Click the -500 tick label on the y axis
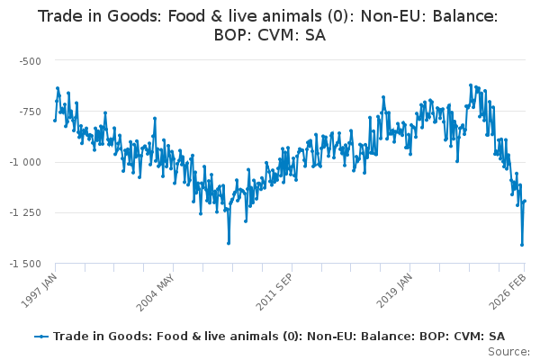(x=30, y=60)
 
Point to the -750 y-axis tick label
(x=30, y=112)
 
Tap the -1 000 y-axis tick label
(x=26, y=162)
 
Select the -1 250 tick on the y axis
(x=26, y=212)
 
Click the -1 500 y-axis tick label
(x=26, y=263)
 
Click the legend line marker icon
(x=41, y=336)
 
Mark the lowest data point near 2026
(x=522, y=245)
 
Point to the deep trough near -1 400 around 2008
(x=229, y=243)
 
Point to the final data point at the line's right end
(x=525, y=201)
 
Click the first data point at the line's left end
(x=55, y=120)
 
